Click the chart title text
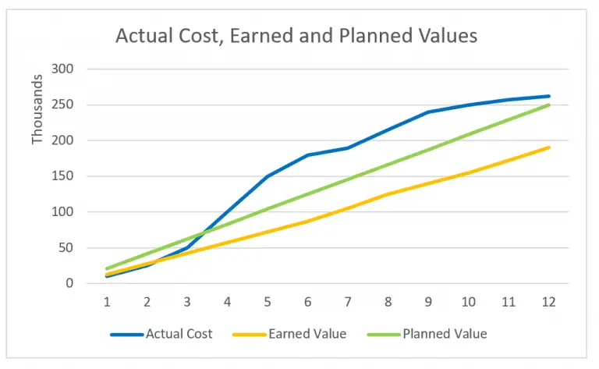296,35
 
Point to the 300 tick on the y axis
62,69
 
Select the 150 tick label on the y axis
62,176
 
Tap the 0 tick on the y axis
69,284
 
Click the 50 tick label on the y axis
66,248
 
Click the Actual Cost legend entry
179,334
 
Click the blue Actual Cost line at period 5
268,176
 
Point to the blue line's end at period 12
548,96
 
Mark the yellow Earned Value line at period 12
548,147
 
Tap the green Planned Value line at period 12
548,105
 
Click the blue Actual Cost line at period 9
428,112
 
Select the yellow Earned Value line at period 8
388,194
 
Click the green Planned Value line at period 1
107,269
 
